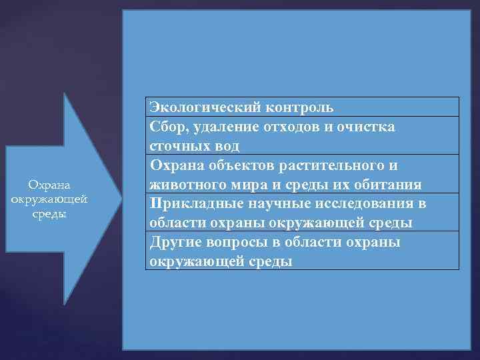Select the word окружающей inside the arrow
[49, 199]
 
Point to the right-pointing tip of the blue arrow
[121, 197]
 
